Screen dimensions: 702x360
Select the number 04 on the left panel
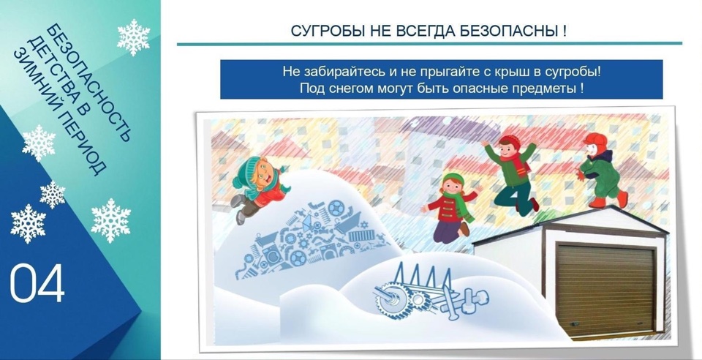pos(37,283)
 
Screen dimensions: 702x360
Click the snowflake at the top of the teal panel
pos(133,37)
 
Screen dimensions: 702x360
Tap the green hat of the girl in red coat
pos(453,179)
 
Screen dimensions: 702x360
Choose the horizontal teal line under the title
pos(429,44)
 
